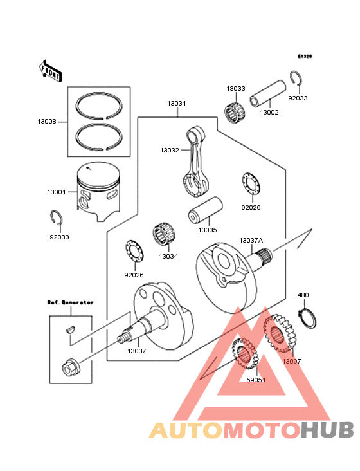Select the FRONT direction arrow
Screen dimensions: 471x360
51,70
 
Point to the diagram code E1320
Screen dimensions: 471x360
304,57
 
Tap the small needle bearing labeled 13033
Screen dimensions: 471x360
235,110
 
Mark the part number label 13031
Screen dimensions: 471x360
177,103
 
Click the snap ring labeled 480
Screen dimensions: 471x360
307,317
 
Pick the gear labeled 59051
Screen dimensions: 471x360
244,354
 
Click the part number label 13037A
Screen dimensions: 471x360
251,241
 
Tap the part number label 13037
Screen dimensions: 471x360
136,351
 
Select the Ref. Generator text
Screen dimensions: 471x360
70,302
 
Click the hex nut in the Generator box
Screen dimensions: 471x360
69,367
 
